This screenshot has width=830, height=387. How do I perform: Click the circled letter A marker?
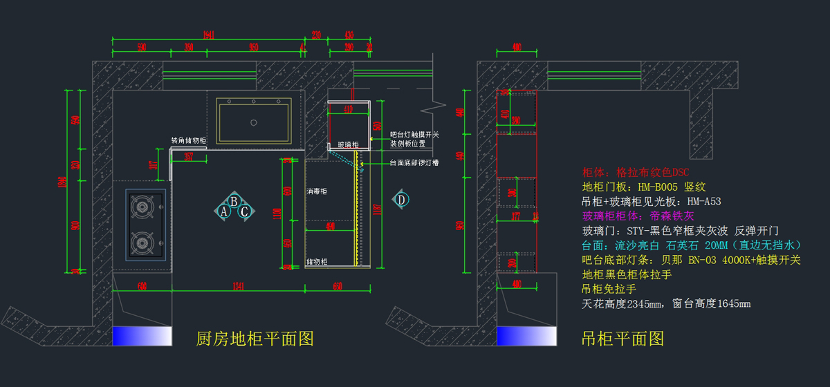click(224, 211)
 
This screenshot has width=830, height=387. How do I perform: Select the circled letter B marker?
click(234, 201)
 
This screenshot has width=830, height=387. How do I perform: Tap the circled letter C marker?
click(245, 211)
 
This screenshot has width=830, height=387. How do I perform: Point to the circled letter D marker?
click(401, 200)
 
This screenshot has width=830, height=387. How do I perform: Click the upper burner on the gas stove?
click(143, 206)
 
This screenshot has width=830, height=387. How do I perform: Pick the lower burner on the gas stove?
click(143, 241)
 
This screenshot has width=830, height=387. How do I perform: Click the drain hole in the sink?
click(253, 123)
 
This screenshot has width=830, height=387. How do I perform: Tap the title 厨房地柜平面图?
click(255, 339)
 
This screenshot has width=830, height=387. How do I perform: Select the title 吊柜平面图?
click(622, 339)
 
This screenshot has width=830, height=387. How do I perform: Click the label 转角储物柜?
click(189, 140)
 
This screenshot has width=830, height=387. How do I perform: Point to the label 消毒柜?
click(318, 191)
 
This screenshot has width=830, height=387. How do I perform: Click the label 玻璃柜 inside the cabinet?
click(348, 145)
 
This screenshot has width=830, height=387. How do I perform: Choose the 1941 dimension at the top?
click(208, 35)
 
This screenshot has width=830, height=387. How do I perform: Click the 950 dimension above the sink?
click(253, 48)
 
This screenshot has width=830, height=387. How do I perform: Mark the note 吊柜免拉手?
click(609, 289)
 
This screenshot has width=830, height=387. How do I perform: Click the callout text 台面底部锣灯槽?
click(414, 163)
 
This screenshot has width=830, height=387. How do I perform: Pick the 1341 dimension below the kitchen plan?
click(239, 285)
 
